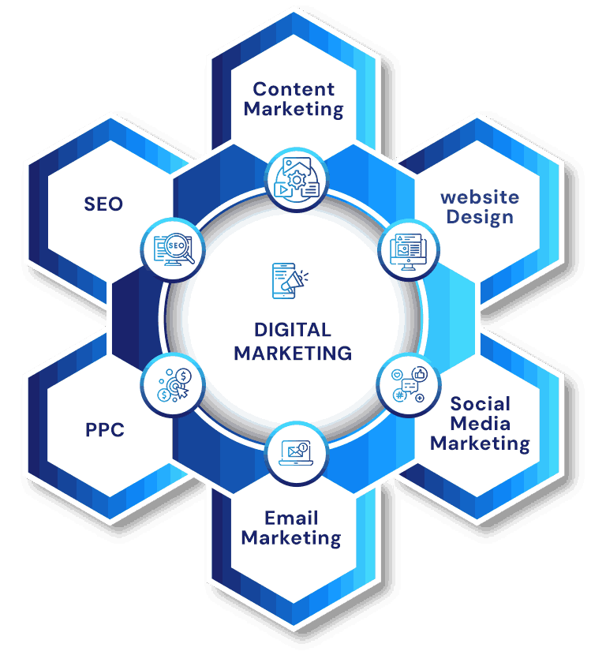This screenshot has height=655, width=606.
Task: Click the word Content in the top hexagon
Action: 294,89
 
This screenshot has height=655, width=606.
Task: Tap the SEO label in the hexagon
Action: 103,204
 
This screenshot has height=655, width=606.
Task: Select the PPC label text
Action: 105,429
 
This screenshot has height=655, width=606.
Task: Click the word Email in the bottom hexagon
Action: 291,518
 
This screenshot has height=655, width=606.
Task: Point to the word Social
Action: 481,404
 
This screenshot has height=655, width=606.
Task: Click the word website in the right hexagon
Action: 480,197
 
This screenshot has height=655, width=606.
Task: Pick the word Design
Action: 480,217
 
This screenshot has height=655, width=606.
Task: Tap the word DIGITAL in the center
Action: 293,330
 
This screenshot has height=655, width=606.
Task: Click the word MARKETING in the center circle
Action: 293,354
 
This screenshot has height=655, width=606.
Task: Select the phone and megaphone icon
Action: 290,281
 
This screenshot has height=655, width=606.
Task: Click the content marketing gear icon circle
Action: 297,180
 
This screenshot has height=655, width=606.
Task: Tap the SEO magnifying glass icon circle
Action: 173,250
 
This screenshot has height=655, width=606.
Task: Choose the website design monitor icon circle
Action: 409,250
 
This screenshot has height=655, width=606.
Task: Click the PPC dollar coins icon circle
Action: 173,385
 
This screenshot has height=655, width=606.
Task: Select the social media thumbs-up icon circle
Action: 409,385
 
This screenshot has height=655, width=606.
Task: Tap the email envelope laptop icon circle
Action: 297,454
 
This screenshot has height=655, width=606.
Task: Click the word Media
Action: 481,424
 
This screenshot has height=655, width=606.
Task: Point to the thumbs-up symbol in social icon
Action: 420,374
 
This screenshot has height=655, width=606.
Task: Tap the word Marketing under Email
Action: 291,538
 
